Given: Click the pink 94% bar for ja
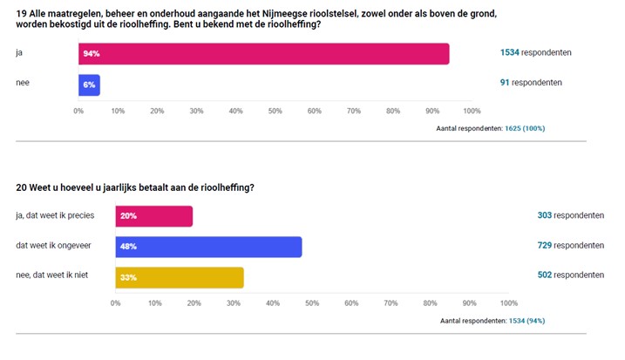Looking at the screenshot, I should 263,54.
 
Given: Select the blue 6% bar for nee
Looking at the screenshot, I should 89,85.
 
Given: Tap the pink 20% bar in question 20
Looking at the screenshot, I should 153,216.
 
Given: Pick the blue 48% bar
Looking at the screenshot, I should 208,247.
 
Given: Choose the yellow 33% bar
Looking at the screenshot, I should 180,277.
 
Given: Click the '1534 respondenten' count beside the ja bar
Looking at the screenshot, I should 535,52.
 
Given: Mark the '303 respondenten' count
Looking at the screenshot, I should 571,214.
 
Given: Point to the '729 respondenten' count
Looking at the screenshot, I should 571,245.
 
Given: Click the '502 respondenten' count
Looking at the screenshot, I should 571,275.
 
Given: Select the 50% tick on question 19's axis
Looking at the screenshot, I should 275,111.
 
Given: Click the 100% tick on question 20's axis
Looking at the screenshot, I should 509,303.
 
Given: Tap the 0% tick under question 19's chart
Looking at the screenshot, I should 78,111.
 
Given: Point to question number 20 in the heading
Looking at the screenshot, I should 21,187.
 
